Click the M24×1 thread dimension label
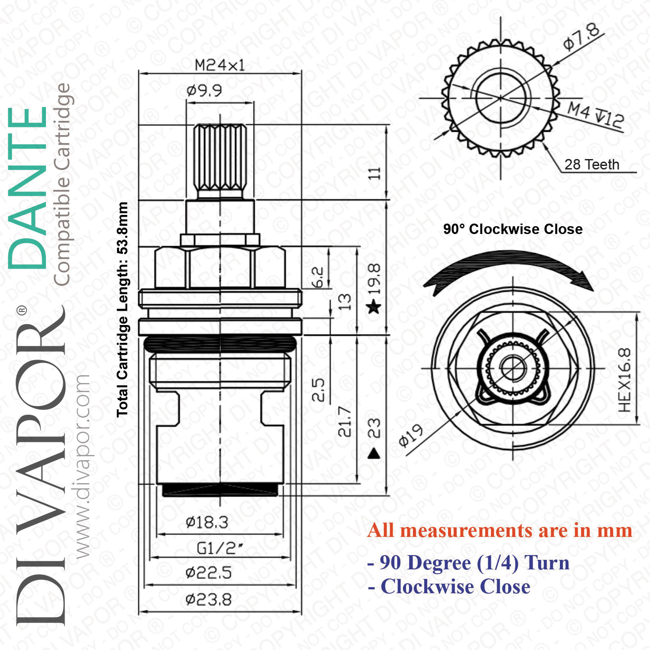pos(220,65)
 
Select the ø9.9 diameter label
pos(204,91)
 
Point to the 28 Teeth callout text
pos(592,165)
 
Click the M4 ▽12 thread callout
pos(596,115)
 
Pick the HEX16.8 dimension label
pos(624,380)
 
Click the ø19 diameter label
pos(410,435)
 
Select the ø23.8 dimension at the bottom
pos(208,600)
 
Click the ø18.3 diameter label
pos(207,522)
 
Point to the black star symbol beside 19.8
pos(374,308)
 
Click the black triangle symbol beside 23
pos(374,453)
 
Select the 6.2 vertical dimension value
pos(318,277)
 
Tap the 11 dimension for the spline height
pos(374,173)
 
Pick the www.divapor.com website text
pos(81,466)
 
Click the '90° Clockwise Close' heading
pos(513,229)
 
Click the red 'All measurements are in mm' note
pos(500,530)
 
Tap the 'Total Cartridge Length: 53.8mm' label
pos(123,309)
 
